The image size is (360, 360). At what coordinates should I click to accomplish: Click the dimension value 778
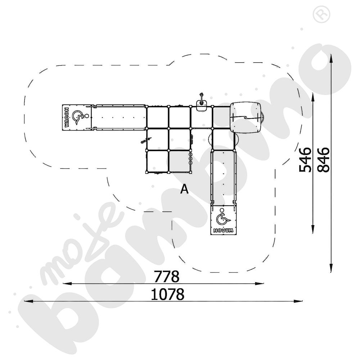(x=166, y=276)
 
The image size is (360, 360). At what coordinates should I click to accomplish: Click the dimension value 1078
(x=167, y=294)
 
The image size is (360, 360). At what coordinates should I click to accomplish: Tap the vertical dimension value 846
(x=324, y=159)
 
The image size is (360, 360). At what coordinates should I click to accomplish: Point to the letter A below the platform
(x=184, y=189)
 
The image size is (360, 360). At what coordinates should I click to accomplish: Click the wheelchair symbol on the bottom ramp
(x=224, y=218)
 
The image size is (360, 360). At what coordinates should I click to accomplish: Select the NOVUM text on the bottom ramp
(x=224, y=230)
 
